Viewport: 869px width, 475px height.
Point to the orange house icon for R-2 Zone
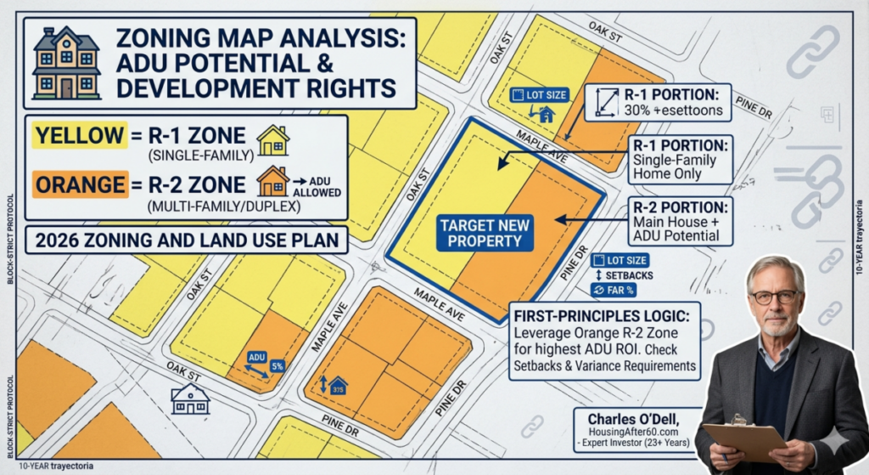273,181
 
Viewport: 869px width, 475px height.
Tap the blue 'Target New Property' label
486,233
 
